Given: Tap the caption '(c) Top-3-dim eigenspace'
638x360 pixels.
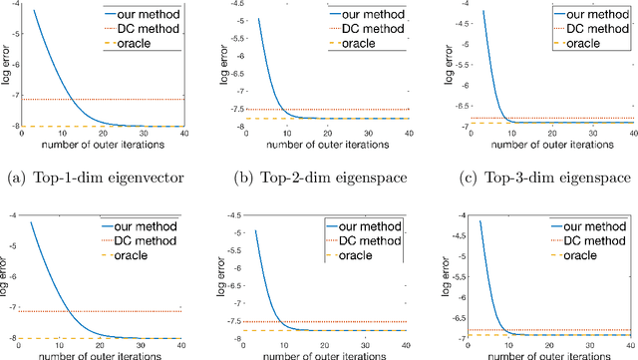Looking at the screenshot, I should (x=533, y=167).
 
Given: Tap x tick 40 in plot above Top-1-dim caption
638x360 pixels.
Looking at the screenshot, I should (x=185, y=135).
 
